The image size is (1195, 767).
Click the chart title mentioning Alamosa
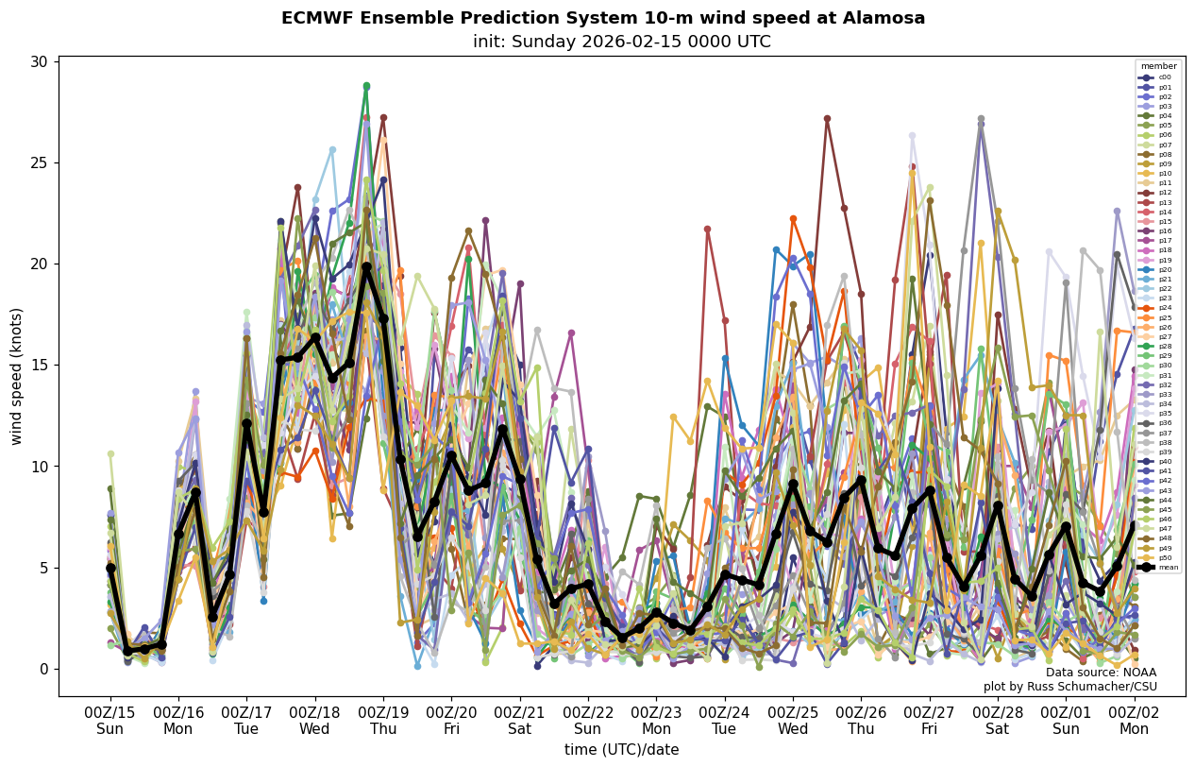(603, 18)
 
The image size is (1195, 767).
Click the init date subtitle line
(621, 42)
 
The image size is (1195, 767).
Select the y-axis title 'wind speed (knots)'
(16, 376)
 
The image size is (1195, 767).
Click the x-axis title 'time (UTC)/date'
(621, 749)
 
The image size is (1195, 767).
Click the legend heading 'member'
(1158, 66)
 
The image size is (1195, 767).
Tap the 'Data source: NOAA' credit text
(1101, 673)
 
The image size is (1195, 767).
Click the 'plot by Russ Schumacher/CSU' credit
(1069, 687)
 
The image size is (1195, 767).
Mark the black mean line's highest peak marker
(366, 267)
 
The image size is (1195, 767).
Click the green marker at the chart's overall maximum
(366, 86)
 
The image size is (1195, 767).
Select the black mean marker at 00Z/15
(110, 568)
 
